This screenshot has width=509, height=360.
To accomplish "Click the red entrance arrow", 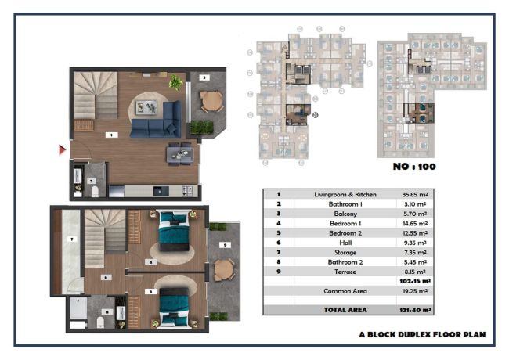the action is tap(63, 149).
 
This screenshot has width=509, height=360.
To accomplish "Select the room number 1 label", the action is tap(112, 135).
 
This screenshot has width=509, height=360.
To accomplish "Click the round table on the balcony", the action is tap(211, 101).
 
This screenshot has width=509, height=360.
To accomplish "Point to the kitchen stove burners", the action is tap(187, 190).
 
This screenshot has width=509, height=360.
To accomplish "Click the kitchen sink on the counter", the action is tap(161, 191).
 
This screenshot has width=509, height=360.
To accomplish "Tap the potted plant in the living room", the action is tap(175, 82).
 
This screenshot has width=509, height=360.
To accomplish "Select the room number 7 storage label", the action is tap(72, 239).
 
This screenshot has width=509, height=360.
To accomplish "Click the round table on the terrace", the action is tap(224, 269).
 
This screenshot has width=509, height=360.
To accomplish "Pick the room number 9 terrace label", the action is tap(225, 245).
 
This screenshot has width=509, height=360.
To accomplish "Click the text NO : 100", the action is tap(414, 167).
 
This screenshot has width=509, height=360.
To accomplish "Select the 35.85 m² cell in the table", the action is tap(415, 195).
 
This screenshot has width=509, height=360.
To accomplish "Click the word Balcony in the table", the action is tap(345, 214).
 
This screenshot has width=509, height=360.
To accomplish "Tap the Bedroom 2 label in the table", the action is tap(345, 233).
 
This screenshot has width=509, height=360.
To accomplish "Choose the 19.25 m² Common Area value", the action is tap(415, 291).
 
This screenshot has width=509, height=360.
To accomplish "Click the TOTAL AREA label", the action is tap(345, 310).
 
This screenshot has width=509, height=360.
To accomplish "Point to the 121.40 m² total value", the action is tap(415, 310).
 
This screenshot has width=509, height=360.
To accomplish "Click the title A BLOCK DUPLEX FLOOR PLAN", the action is tap(422, 335).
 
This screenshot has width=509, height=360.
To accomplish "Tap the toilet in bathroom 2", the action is tap(101, 322).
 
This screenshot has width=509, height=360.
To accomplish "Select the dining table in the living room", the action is tap(179, 154).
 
